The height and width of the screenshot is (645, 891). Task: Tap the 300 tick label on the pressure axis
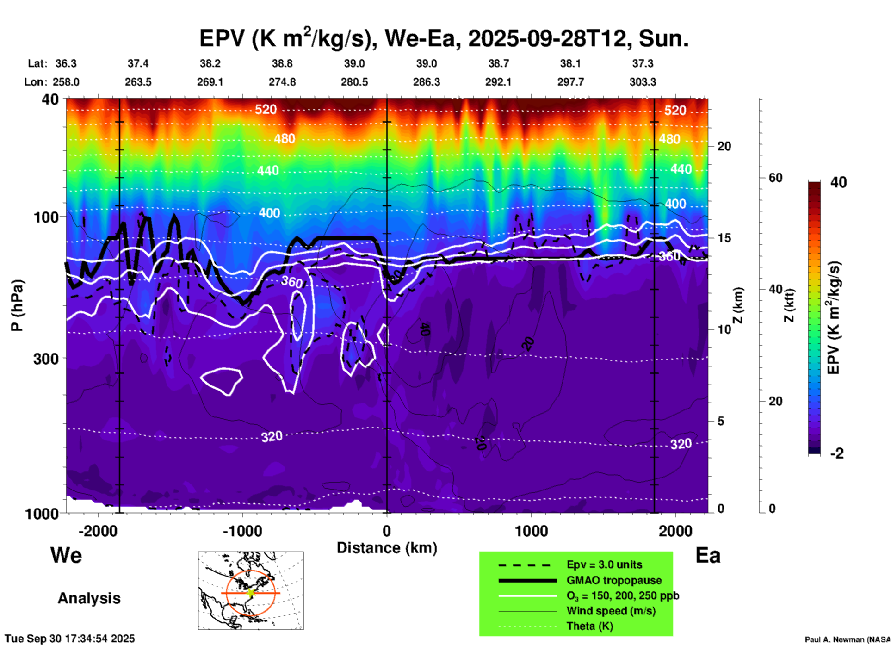coord(46,359)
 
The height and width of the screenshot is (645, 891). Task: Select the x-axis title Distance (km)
coord(387,548)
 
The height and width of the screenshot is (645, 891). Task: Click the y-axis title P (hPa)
coord(17,305)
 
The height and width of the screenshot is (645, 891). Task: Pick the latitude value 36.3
coord(66,63)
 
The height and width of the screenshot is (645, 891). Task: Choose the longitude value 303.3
coord(643,82)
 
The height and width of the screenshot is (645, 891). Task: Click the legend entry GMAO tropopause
coord(614,580)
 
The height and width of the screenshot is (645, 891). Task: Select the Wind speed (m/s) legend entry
coord(611,611)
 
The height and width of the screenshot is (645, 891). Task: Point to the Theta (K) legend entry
coord(589,626)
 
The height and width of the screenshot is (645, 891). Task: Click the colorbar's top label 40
coord(838,182)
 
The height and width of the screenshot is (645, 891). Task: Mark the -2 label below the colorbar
coord(837,453)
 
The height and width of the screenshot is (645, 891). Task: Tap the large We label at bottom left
coord(66,555)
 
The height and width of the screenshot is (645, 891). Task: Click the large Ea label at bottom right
coord(708,555)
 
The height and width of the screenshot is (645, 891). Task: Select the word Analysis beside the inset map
coord(89,598)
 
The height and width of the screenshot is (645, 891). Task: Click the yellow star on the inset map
coord(251,593)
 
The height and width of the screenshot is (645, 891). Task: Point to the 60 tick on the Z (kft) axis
coord(775,178)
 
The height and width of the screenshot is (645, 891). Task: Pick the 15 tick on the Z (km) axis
coord(724,238)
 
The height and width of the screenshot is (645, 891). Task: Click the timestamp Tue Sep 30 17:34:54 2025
coord(70,639)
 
